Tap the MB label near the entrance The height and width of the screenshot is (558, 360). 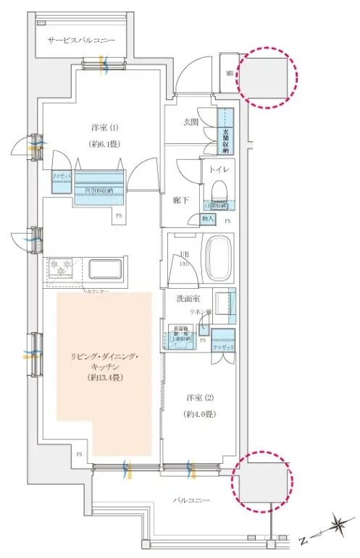229,73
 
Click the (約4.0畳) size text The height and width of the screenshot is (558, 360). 196,415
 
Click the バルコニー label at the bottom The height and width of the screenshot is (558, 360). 191,499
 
